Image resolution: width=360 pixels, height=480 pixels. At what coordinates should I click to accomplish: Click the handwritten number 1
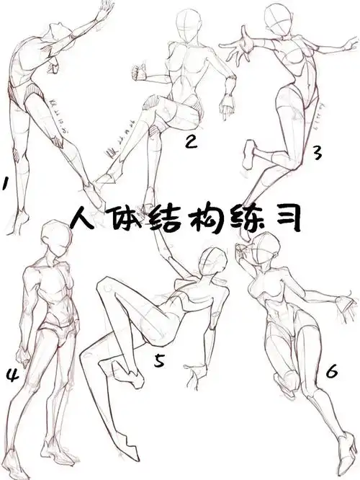point(5,185)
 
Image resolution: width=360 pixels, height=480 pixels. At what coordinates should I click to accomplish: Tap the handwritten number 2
point(191,142)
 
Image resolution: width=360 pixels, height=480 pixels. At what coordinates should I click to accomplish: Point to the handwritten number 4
point(12,374)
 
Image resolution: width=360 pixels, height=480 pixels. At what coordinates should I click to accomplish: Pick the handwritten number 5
point(160,360)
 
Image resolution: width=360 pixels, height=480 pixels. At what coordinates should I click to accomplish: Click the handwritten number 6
point(332,372)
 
